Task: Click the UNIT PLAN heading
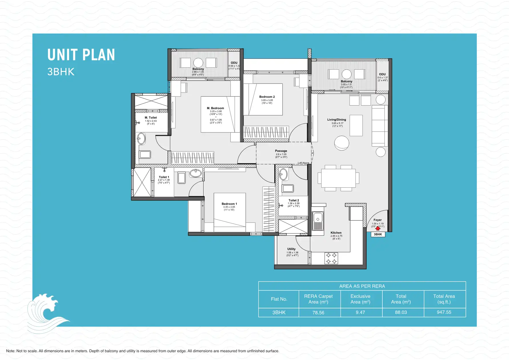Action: tap(81, 55)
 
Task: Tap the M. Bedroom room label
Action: tap(215, 108)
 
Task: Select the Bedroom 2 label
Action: tap(267, 97)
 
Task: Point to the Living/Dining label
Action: tap(336, 120)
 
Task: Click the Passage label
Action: tap(281, 151)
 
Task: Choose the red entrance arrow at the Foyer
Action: tap(378, 228)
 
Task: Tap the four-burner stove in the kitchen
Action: tap(331, 258)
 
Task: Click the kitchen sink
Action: tap(318, 220)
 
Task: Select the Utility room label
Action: tap(291, 249)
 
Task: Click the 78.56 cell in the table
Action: tap(318, 313)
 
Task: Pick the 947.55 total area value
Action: tap(444, 312)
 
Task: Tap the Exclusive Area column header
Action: tap(360, 299)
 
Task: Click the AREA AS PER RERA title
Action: tap(362, 286)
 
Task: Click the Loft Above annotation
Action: tap(303, 163)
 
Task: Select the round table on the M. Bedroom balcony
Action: tap(198, 62)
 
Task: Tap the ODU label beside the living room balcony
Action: tap(382, 74)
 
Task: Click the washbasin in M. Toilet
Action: tap(141, 139)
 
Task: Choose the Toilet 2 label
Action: tap(293, 200)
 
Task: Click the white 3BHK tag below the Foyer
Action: tap(378, 234)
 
